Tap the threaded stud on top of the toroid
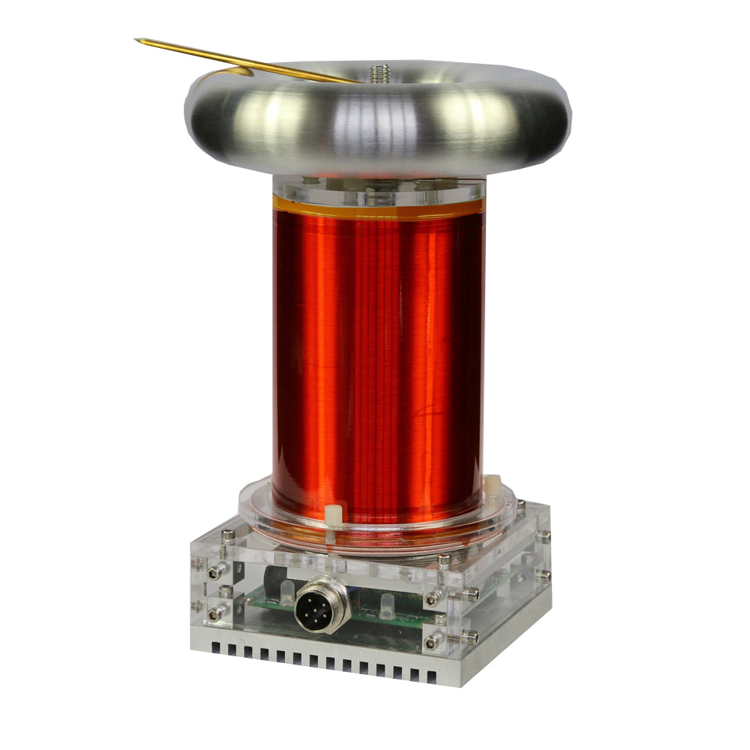(378, 73)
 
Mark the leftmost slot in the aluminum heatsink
(216, 646)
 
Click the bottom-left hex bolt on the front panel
(215, 613)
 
